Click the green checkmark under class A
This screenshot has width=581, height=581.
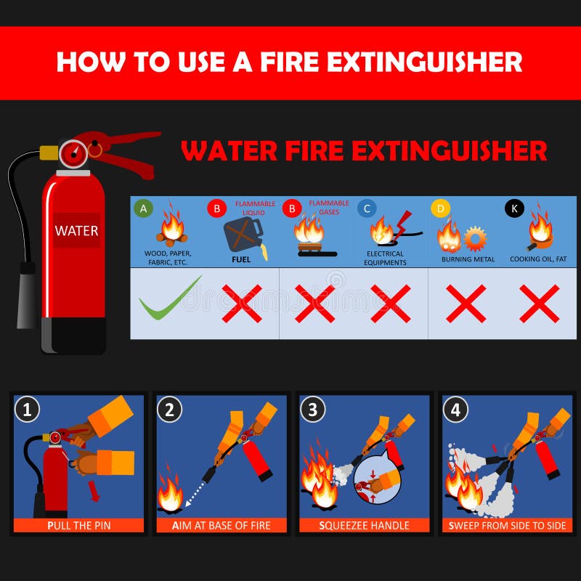(x=169, y=299)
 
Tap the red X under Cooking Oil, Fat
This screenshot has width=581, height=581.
(x=539, y=303)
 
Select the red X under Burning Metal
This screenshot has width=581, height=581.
(x=466, y=303)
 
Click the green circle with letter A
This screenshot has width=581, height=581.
(x=143, y=208)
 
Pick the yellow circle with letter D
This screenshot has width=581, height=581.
(x=440, y=209)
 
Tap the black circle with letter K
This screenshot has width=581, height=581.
(x=514, y=209)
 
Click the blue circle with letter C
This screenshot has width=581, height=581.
(x=367, y=209)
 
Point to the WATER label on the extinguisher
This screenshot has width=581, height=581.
(x=76, y=231)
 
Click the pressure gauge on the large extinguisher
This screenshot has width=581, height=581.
(x=73, y=153)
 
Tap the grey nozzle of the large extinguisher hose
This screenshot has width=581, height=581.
(x=27, y=294)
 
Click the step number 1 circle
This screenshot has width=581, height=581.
(x=27, y=410)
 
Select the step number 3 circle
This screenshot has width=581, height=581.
(x=312, y=410)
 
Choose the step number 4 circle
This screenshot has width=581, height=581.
(x=455, y=410)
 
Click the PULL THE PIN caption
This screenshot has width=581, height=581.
(x=78, y=525)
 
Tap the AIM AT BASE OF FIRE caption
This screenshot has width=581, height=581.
(x=222, y=525)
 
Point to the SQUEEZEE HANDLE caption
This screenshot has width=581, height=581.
(x=365, y=525)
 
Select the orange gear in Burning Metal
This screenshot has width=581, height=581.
(x=476, y=238)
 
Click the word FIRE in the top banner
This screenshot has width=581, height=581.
(x=278, y=62)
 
